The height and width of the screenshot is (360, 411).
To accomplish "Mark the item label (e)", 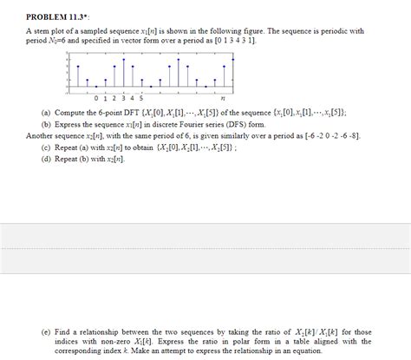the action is click(46, 331).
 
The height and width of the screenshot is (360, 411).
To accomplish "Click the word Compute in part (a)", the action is click(70, 113).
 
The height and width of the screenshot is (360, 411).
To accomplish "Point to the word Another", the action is click(41, 136).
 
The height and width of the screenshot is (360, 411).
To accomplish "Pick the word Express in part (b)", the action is click(69, 125).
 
